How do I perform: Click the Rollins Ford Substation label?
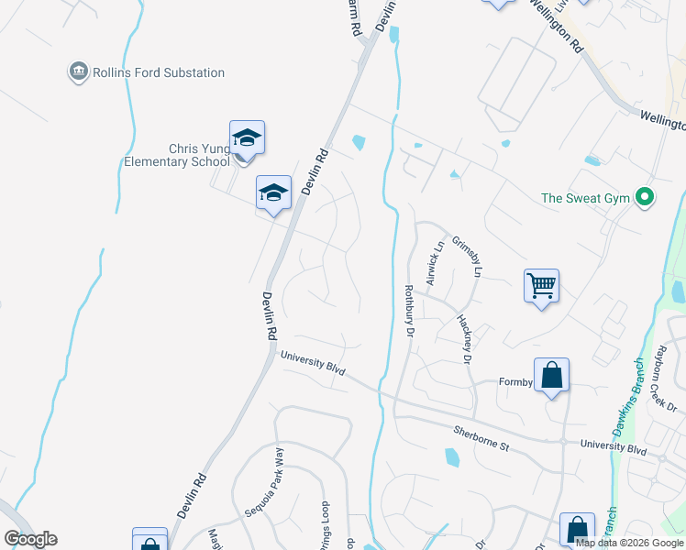point(159,72)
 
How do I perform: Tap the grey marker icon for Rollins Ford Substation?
point(78,71)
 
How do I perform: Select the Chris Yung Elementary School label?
point(175,155)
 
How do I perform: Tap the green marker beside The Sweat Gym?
point(645,196)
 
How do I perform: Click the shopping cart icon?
point(541,285)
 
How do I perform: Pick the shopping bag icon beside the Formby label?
point(551,376)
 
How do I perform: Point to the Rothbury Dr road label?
point(410,311)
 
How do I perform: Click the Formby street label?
point(515,381)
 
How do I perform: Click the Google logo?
point(30,539)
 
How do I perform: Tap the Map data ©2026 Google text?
point(629,542)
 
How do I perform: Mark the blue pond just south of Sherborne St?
point(451,457)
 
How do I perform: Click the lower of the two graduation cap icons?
point(273,192)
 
